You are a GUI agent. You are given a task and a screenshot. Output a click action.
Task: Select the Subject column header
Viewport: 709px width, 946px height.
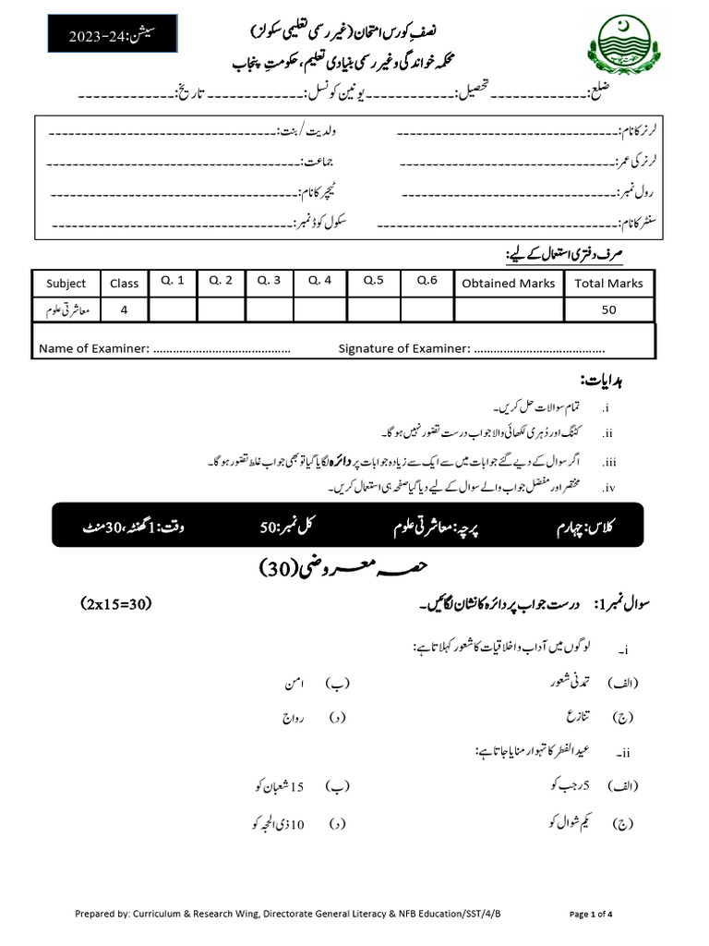pyautogui.click(x=66, y=284)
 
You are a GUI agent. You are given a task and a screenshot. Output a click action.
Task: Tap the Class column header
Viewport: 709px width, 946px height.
pyautogui.click(x=124, y=284)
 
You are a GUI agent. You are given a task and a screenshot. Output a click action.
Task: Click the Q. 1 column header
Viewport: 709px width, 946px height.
pyautogui.click(x=172, y=281)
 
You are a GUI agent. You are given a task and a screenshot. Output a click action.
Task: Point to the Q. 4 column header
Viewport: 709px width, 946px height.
pyautogui.click(x=319, y=281)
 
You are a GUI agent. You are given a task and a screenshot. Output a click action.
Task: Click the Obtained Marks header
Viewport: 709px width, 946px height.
pyautogui.click(x=509, y=284)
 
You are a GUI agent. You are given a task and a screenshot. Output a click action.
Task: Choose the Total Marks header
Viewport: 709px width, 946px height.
pyautogui.click(x=608, y=284)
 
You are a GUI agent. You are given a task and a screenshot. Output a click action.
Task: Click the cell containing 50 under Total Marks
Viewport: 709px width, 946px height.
pyautogui.click(x=608, y=310)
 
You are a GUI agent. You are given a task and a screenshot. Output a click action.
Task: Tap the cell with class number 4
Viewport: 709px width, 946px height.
pyautogui.click(x=124, y=310)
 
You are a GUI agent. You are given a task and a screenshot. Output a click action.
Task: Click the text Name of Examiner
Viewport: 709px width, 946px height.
pyautogui.click(x=93, y=348)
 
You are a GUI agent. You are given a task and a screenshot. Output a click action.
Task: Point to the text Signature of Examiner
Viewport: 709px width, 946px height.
pyautogui.click(x=403, y=348)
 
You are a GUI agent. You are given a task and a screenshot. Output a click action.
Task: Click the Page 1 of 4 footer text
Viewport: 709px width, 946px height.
pyautogui.click(x=591, y=914)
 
